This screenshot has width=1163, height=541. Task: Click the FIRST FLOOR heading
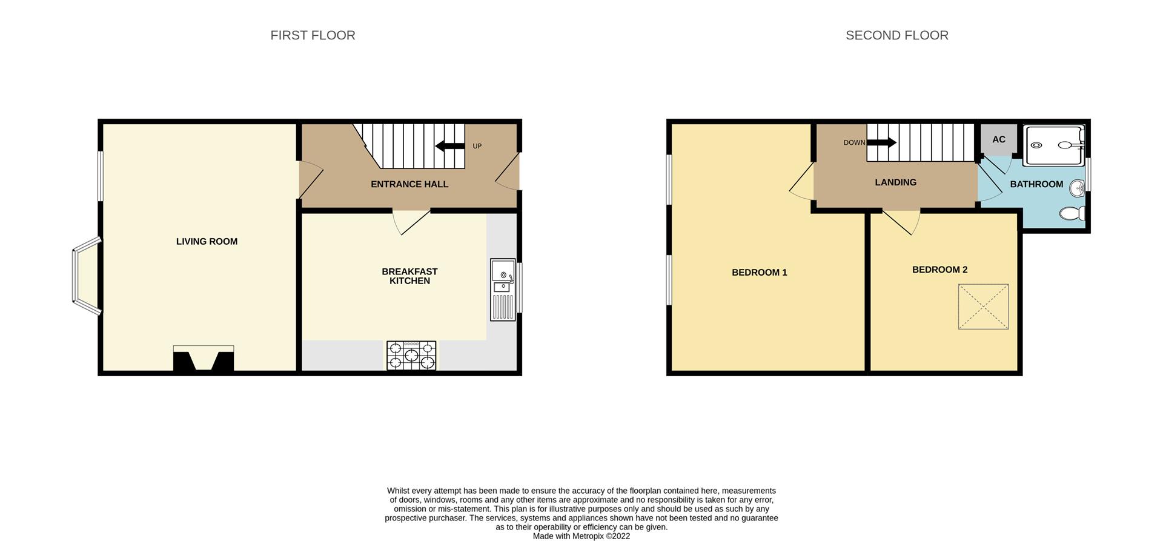[313, 35]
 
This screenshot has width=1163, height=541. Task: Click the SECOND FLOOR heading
[896, 35]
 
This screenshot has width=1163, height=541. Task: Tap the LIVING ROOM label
[207, 241]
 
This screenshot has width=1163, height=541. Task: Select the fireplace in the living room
[204, 359]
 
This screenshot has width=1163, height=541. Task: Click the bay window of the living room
[85, 277]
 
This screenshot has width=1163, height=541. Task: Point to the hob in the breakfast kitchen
[411, 356]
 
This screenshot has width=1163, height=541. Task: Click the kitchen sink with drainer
[502, 290]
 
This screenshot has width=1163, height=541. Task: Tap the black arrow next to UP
[449, 145]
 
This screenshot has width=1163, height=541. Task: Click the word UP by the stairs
[477, 146]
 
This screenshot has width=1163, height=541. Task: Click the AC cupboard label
[999, 139]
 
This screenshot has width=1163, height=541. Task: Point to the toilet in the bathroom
[1072, 213]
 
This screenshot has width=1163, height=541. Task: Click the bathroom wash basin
[1077, 188]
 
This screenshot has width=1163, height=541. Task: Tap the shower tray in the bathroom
[1053, 145]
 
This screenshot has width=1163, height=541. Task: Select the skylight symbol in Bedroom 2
[983, 307]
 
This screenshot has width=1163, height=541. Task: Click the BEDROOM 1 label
[760, 273]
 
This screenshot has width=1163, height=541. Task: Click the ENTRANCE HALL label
[409, 184]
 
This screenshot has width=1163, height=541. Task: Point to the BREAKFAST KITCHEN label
[409, 276]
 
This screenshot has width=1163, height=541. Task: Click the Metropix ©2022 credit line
[581, 536]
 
